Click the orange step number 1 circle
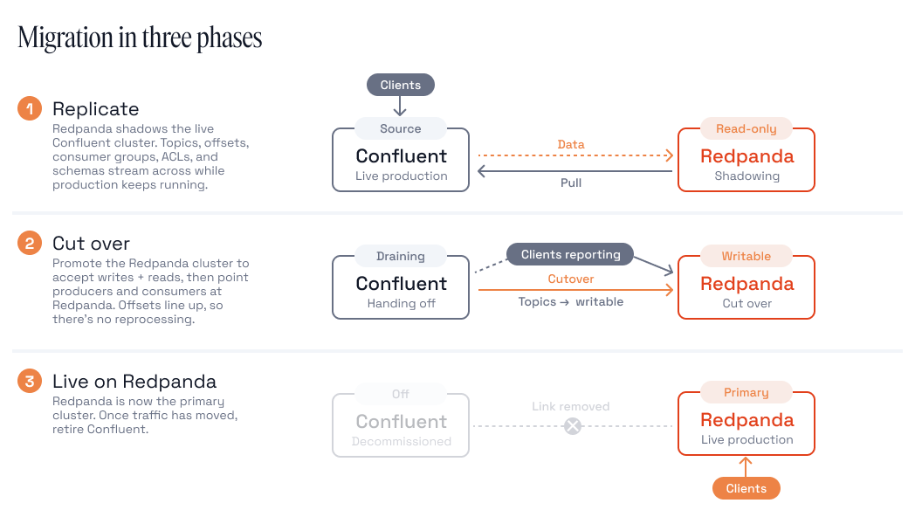tap(29, 108)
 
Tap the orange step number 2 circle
tap(29, 244)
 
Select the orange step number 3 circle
tap(29, 381)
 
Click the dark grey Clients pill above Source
tap(400, 85)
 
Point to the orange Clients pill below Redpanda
tap(746, 488)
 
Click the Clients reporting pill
tap(570, 254)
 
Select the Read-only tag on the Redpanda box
tap(746, 128)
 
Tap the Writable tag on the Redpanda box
tap(746, 256)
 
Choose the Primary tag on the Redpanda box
tap(746, 392)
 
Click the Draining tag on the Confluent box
tap(400, 256)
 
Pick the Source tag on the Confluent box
tap(400, 128)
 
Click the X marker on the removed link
tap(573, 426)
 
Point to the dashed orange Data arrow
tap(575, 155)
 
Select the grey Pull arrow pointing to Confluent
tap(574, 171)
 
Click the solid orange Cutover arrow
tap(575, 289)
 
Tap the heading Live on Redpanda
tap(134, 382)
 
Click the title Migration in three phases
tap(140, 38)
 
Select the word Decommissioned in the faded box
tap(401, 442)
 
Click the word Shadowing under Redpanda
tap(746, 176)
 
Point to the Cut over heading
tap(91, 244)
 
